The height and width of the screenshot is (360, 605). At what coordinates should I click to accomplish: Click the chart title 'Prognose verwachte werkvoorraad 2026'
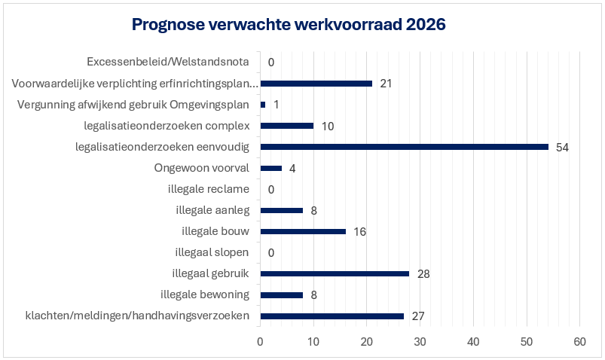(289, 25)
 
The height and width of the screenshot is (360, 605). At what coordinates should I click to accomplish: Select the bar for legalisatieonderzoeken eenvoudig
(404, 146)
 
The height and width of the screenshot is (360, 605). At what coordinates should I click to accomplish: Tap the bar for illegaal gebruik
(335, 273)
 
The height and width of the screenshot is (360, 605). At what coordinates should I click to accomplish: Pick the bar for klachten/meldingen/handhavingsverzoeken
(332, 316)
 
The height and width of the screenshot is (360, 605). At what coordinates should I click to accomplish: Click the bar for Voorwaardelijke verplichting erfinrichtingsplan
(316, 83)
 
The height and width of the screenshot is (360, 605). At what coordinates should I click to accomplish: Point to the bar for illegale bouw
(303, 231)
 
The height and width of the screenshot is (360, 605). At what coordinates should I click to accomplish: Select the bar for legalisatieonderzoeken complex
(286, 125)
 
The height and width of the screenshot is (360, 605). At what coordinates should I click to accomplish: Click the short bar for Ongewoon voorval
(270, 167)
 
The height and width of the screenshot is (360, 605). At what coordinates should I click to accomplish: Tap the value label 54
(562, 147)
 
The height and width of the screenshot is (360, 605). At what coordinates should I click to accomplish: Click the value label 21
(386, 84)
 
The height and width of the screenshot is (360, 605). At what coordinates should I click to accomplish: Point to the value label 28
(423, 274)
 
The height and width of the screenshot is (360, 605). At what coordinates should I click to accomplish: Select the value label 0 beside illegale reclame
(270, 189)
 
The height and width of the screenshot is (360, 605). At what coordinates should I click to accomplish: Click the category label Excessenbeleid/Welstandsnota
(168, 62)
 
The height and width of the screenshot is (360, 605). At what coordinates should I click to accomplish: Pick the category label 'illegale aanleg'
(212, 209)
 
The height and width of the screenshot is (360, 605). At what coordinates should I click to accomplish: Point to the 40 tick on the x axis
(473, 343)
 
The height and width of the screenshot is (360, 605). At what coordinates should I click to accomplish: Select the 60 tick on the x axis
(579, 343)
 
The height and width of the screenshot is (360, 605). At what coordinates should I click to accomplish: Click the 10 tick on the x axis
(313, 343)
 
